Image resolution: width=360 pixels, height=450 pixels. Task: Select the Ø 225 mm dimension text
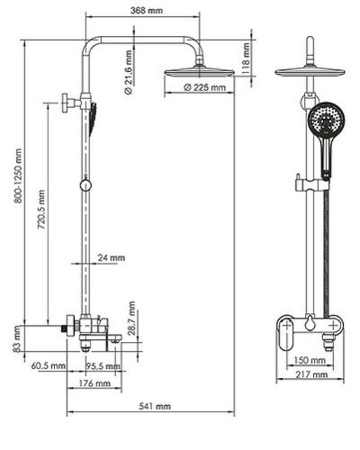203,87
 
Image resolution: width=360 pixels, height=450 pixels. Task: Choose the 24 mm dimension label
112,258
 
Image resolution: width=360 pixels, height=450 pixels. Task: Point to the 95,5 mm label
104,365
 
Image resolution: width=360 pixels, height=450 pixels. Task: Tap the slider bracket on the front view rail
298,187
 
